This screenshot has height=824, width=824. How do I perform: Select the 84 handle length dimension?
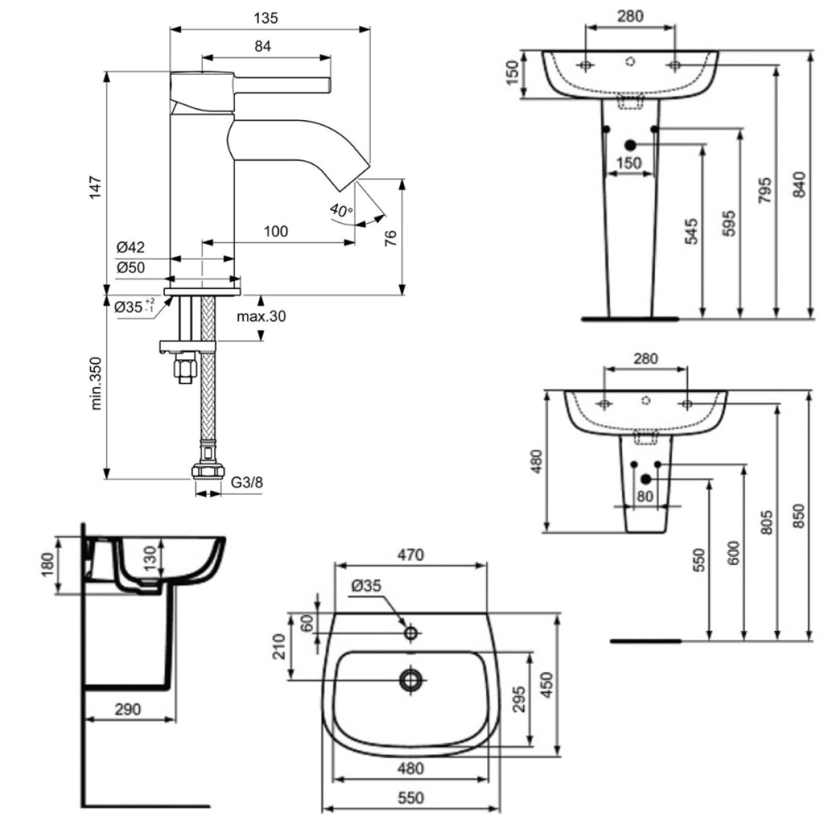263,46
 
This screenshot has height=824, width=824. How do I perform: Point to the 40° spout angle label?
341,209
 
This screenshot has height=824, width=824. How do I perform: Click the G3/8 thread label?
246,483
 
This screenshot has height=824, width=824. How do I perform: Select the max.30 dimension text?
261,317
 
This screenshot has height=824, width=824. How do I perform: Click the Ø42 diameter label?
130,247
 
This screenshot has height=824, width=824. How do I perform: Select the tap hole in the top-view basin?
411,633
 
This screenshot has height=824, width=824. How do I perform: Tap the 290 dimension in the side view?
128,709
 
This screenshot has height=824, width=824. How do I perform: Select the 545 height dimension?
691,231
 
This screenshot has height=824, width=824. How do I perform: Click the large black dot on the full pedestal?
630,145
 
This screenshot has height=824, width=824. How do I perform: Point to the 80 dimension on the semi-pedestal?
645,496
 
